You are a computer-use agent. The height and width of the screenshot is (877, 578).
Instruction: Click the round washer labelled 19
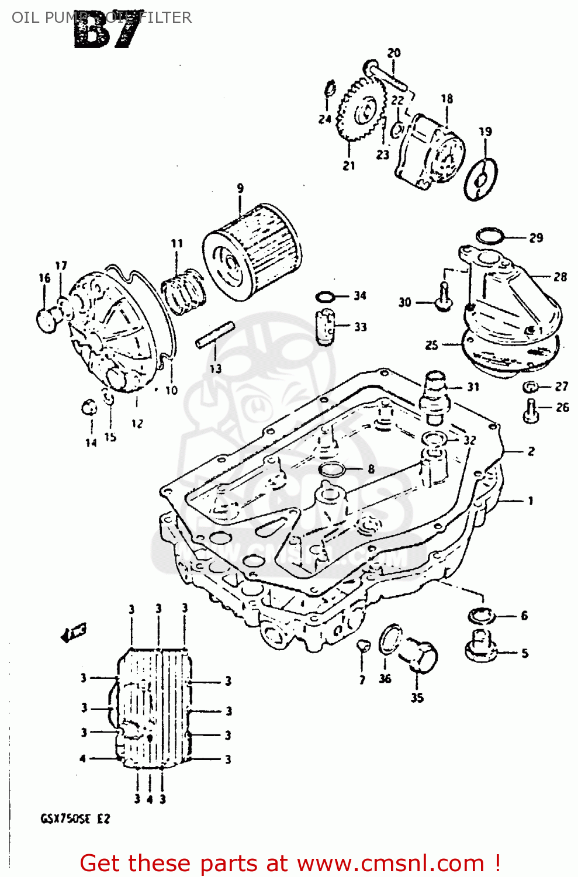480,178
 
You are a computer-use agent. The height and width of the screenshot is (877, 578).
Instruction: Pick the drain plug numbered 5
480,647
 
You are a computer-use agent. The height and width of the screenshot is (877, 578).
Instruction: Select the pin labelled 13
215,334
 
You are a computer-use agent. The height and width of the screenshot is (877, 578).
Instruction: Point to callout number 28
560,277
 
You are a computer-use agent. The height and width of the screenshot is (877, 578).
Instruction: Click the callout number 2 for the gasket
531,451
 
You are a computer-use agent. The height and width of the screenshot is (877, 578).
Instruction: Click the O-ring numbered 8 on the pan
332,469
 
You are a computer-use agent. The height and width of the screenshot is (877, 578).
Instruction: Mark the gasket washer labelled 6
482,616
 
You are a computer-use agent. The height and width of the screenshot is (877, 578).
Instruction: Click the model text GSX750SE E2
75,819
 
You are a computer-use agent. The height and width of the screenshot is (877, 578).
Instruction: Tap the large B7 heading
108,32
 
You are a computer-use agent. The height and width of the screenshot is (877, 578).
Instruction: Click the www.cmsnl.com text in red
390,864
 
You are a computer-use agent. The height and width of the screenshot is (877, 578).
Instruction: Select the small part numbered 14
89,406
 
